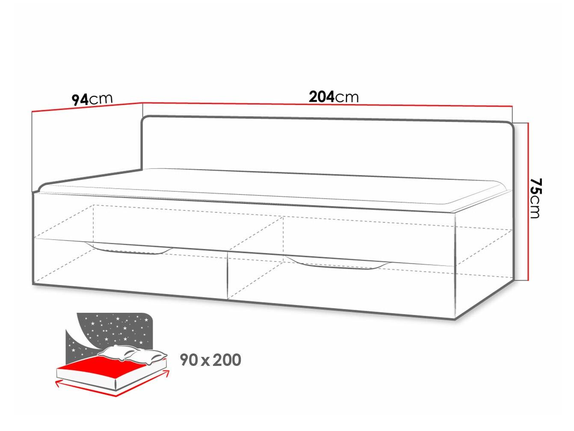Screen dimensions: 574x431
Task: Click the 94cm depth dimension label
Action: point(92,99)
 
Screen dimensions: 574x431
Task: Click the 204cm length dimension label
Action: point(334,97)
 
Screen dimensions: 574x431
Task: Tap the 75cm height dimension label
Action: point(536,198)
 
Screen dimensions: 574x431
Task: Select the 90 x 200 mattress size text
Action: point(210,360)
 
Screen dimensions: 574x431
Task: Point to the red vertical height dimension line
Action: point(528,201)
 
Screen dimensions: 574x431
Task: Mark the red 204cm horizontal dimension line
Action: point(327,105)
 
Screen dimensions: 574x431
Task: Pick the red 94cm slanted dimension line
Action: point(87,108)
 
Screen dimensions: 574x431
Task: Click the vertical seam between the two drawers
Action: point(228,275)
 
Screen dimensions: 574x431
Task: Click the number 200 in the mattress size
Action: point(227,360)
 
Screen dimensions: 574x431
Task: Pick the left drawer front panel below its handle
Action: point(131,272)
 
